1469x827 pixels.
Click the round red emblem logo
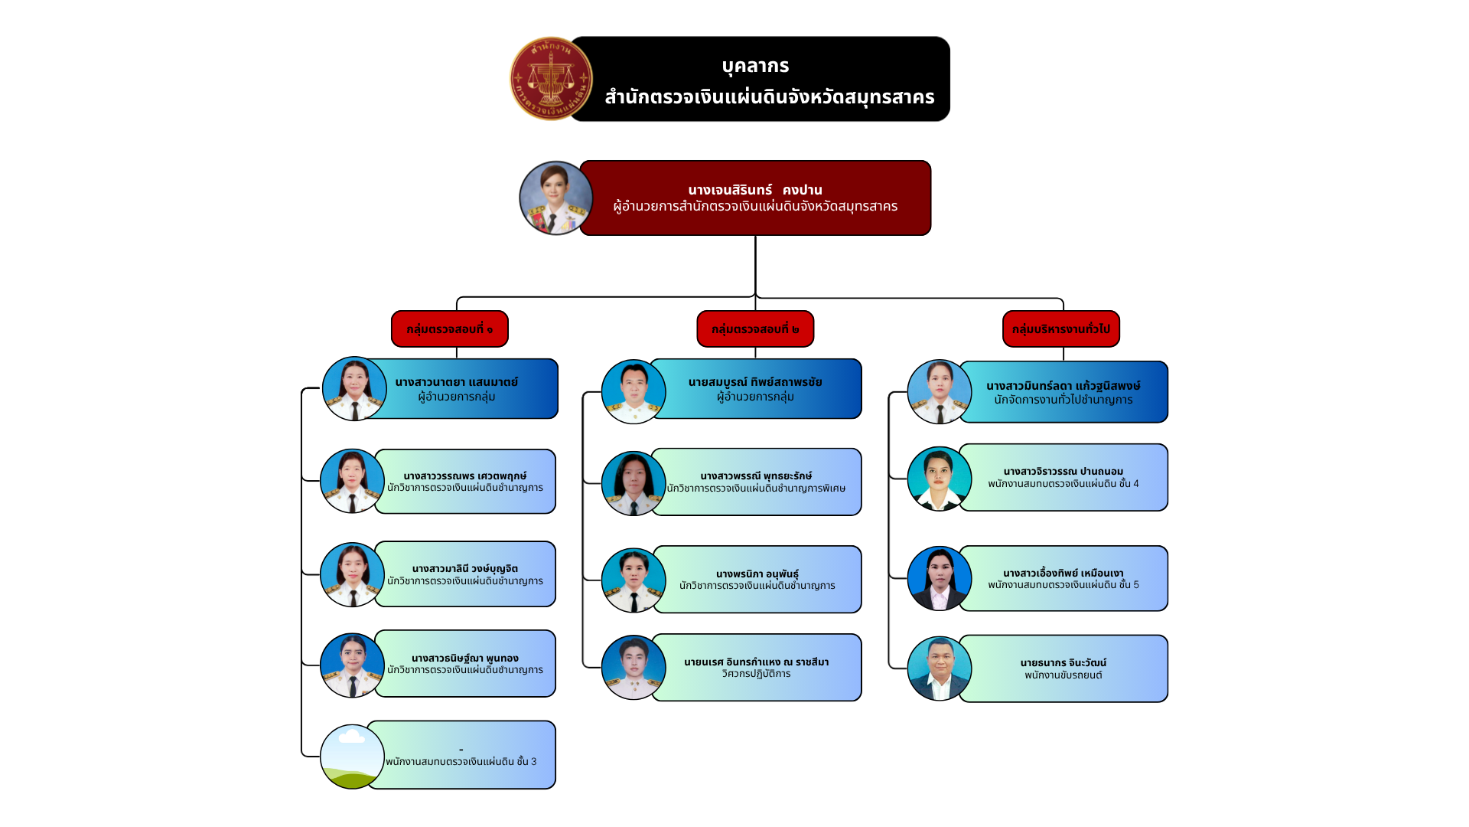coord(551,79)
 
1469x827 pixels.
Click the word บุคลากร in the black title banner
coord(755,66)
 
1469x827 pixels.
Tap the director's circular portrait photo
coord(556,198)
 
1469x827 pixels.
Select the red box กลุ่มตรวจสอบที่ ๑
coord(450,329)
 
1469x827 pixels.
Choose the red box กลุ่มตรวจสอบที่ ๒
coord(755,329)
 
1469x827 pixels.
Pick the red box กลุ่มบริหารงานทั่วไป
coord(1061,329)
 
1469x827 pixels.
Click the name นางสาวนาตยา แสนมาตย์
coord(457,381)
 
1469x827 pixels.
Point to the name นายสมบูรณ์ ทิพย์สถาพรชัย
coord(755,381)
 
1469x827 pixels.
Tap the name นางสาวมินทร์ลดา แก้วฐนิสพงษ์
coord(1063,386)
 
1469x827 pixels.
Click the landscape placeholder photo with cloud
coord(352,757)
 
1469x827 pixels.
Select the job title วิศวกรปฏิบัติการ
coord(756,674)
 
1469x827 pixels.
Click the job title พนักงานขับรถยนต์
coord(1063,675)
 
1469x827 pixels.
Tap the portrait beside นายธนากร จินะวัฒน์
coord(939,668)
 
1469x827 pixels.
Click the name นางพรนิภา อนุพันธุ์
coord(757,574)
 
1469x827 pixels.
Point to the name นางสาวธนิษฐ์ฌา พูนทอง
coord(465,658)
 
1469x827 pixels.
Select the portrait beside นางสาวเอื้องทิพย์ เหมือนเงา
coord(939,578)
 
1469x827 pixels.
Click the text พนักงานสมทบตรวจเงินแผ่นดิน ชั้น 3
coord(461,762)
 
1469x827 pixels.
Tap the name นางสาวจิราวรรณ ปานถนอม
coord(1063,471)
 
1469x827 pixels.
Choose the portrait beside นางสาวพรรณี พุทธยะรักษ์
coord(634,483)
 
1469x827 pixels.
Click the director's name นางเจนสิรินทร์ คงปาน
coord(755,190)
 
